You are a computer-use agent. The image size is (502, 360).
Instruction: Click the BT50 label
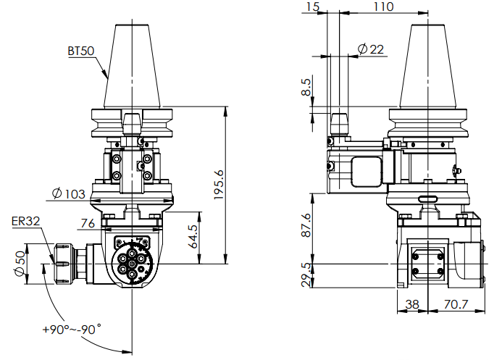click(x=81, y=51)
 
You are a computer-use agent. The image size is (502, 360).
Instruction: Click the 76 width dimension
click(x=88, y=222)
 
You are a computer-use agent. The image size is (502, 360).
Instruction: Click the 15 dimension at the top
click(x=312, y=7)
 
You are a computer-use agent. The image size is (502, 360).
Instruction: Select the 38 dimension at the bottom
click(x=412, y=305)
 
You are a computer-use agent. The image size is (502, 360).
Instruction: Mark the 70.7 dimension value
click(x=456, y=305)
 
